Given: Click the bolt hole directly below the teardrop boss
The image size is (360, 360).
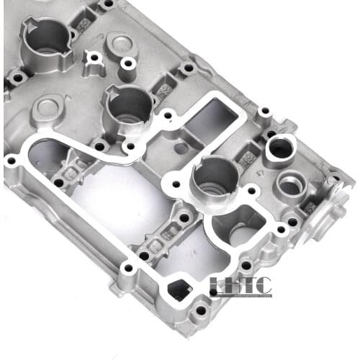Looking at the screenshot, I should (x=129, y=64).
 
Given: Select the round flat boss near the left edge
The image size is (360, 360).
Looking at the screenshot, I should (x=48, y=108).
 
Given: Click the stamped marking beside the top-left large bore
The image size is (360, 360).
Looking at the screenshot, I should (x=84, y=24).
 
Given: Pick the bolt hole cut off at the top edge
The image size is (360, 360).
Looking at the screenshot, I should (x=109, y=4).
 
